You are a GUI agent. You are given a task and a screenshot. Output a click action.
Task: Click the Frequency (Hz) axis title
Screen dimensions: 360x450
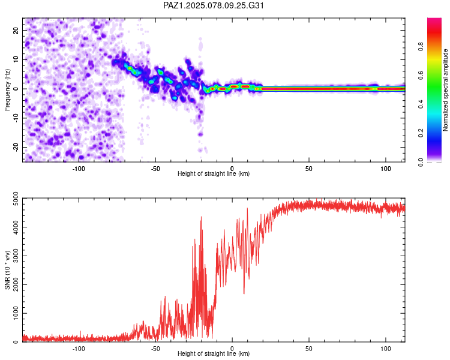[7, 90]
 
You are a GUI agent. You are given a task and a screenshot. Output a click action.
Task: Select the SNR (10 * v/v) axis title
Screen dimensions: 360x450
[7, 270]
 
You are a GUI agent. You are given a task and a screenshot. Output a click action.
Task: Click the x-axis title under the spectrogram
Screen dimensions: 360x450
[214, 173]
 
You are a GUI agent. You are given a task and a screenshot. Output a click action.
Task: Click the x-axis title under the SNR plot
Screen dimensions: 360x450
[214, 353]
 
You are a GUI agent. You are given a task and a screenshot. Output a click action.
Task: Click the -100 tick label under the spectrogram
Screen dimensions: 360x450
[79, 167]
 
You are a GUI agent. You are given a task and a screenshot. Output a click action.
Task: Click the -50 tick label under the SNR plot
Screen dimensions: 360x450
[155, 347]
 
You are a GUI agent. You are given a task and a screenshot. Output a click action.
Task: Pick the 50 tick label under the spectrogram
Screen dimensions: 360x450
[308, 167]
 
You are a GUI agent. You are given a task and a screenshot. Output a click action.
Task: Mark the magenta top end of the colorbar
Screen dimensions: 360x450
[434, 21]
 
